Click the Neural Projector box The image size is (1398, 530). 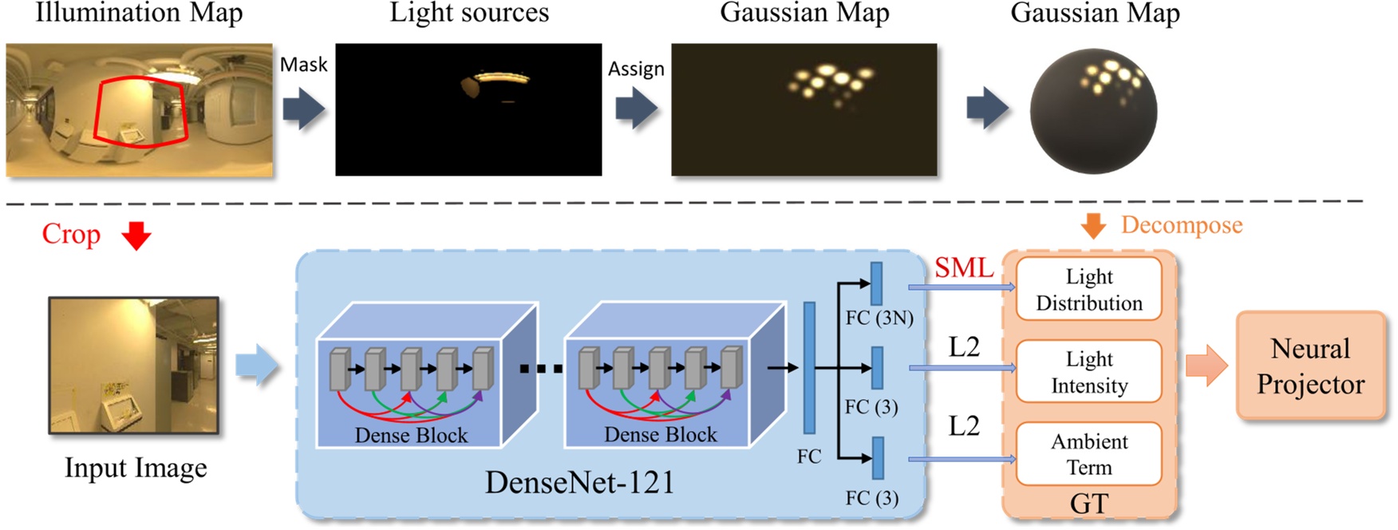click(x=1310, y=366)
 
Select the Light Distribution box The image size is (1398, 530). click(x=1088, y=289)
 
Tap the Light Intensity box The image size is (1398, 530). click(x=1088, y=372)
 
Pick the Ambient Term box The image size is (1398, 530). click(x=1088, y=454)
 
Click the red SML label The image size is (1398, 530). click(x=964, y=268)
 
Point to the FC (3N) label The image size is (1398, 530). click(x=879, y=318)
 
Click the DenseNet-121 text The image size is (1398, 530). click(x=580, y=483)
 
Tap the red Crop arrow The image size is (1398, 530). click(x=136, y=235)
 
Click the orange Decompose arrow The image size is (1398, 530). click(x=1093, y=226)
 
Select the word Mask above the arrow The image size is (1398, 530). click(x=303, y=65)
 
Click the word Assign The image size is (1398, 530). click(x=636, y=69)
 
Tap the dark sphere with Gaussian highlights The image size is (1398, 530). click(x=1093, y=111)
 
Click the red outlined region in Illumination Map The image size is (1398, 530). click(x=140, y=112)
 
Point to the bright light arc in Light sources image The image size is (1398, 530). click(x=502, y=78)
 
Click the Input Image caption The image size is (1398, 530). click(x=136, y=468)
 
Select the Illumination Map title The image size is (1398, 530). click(x=139, y=14)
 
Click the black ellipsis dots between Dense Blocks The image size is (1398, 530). click(x=541, y=369)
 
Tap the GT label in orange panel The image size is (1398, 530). click(x=1088, y=504)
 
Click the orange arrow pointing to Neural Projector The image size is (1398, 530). click(x=1206, y=366)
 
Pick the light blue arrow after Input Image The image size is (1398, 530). click(x=257, y=366)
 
